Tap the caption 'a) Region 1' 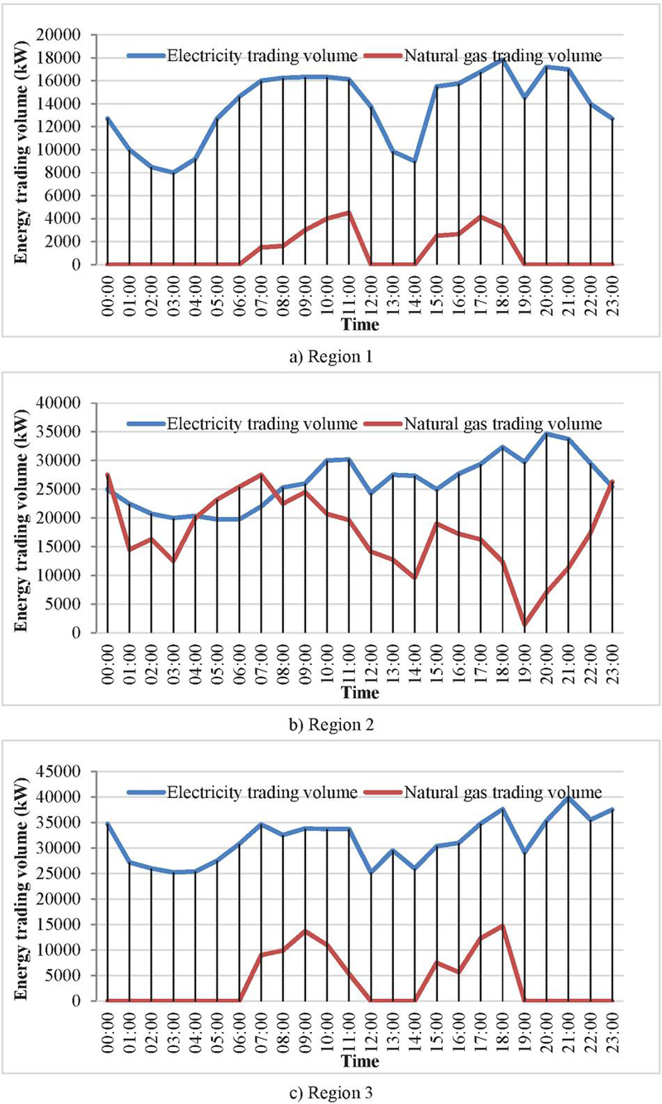(x=330, y=358)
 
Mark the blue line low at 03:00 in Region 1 (x=174, y=172)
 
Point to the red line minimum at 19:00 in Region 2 (x=525, y=624)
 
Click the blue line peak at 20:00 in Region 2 (x=546, y=433)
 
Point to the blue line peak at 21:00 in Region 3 (x=568, y=797)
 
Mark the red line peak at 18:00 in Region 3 (x=502, y=925)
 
